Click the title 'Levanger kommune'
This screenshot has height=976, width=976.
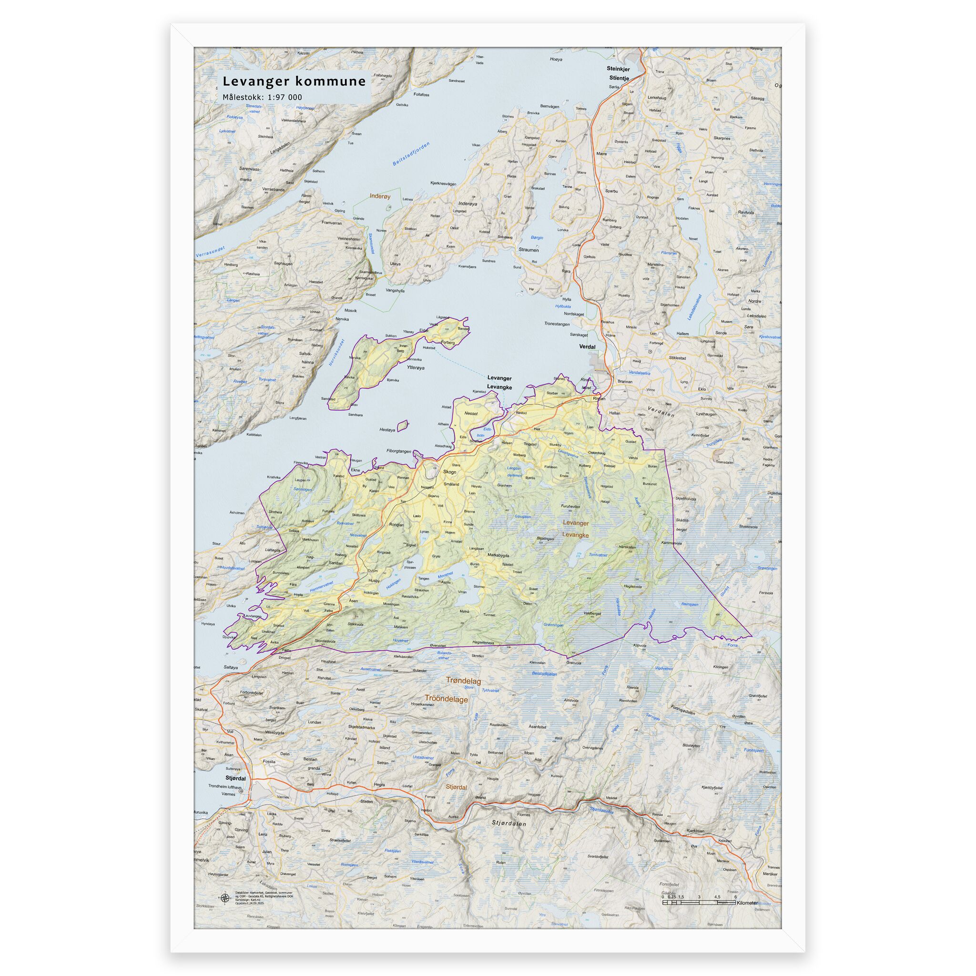294,81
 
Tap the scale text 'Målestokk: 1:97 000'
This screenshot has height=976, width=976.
262,97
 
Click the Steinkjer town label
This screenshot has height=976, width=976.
618,69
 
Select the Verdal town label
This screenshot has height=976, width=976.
587,346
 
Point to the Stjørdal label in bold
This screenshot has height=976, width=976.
235,779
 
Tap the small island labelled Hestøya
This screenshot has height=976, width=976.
403,427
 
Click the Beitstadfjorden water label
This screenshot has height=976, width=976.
411,154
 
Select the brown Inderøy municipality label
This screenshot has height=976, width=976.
380,196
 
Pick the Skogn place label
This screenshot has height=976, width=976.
449,472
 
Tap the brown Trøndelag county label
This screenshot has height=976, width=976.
463,681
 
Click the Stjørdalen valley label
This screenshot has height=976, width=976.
508,823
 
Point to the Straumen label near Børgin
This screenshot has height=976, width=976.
529,250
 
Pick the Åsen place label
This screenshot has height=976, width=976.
354,600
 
